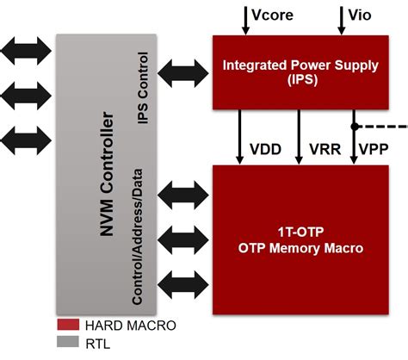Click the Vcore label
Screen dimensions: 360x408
tap(274, 14)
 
